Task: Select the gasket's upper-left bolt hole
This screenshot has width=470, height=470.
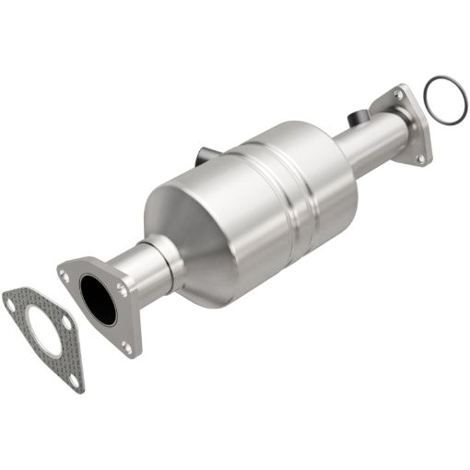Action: pyautogui.click(x=11, y=298)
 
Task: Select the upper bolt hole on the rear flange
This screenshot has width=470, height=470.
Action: pyautogui.click(x=399, y=95)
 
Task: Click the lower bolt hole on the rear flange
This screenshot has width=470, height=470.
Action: pyautogui.click(x=421, y=158)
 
